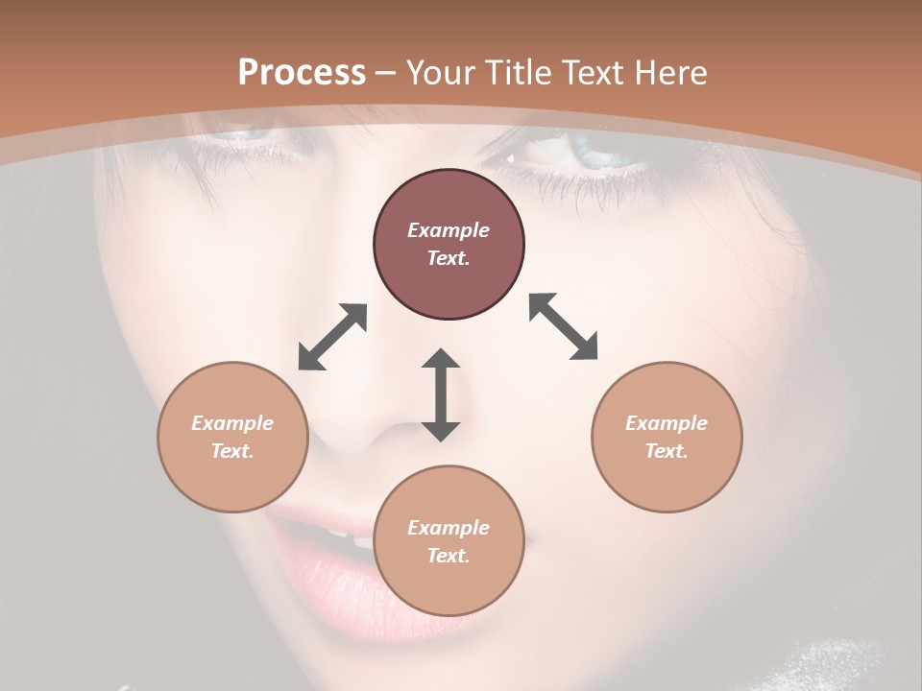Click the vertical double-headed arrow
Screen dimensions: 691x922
[x=441, y=394]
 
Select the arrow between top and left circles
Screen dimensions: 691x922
[x=332, y=337]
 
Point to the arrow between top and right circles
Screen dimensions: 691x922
[x=563, y=326]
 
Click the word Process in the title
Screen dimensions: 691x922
[x=302, y=73]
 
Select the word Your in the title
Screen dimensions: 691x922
[x=443, y=73]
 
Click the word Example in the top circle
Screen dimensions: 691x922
[x=449, y=230]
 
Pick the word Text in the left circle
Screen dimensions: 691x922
[x=232, y=451]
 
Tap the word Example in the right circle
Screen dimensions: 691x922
[x=667, y=423]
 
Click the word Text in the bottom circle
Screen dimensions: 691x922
[x=449, y=556]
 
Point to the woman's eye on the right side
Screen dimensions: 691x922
[x=591, y=153]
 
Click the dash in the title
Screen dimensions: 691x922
[x=386, y=73]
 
